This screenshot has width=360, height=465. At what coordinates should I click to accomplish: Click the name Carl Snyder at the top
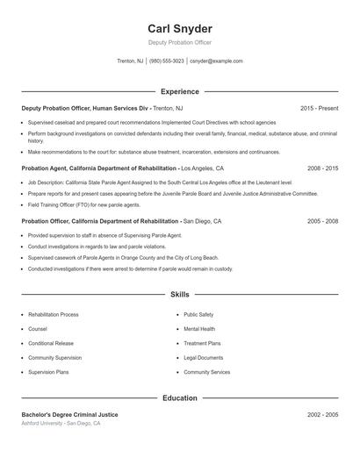(x=180, y=28)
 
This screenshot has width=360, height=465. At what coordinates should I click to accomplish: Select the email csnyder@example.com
(x=216, y=61)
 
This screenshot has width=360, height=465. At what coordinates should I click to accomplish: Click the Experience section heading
(x=180, y=91)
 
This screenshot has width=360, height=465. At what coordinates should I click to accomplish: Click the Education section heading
(x=180, y=398)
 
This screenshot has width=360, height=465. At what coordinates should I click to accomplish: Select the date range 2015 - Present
(x=319, y=108)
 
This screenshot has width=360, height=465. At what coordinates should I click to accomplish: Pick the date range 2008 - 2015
(x=322, y=168)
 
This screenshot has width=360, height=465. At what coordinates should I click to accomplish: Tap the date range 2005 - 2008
(x=322, y=221)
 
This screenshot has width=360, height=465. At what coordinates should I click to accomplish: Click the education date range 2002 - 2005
(x=322, y=414)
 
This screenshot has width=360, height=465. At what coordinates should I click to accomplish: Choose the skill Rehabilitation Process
(x=53, y=314)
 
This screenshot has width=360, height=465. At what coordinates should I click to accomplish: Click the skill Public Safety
(x=198, y=314)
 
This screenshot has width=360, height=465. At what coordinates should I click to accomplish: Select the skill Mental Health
(x=199, y=329)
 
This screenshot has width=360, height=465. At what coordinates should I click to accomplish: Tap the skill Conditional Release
(x=51, y=343)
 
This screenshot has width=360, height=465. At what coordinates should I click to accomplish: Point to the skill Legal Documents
(x=203, y=358)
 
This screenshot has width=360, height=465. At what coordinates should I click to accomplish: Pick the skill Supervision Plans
(x=48, y=372)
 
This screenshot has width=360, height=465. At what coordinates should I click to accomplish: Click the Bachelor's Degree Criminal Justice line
(x=69, y=414)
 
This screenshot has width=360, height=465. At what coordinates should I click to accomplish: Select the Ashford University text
(x=42, y=424)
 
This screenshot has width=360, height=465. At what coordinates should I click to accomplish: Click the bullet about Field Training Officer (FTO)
(x=84, y=204)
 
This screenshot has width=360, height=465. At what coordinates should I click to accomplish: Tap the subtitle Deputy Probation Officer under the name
(x=180, y=42)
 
